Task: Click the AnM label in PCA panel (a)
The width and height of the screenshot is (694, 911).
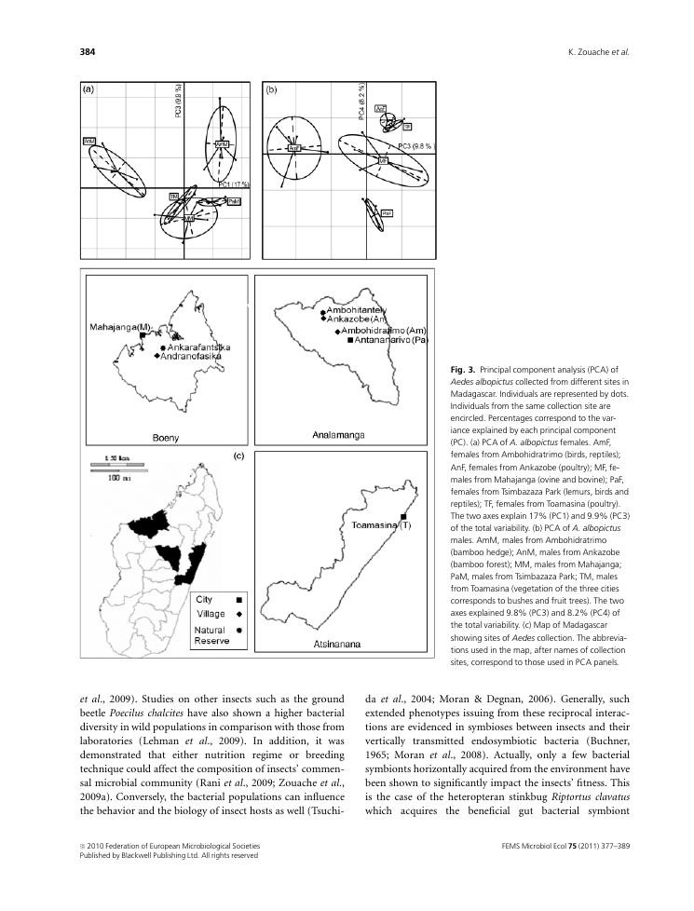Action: (222, 144)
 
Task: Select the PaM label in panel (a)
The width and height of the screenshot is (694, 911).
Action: (234, 201)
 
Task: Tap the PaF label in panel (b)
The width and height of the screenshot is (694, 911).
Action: (387, 213)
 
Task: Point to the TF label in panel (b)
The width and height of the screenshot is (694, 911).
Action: (407, 127)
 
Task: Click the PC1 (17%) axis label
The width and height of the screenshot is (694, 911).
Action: (235, 184)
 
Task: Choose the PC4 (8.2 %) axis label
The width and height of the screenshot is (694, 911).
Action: (362, 101)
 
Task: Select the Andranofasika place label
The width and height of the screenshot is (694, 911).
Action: (192, 356)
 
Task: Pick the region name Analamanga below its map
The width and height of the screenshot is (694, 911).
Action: (338, 435)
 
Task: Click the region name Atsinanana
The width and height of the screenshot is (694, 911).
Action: (332, 643)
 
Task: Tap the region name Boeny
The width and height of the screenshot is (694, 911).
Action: (166, 436)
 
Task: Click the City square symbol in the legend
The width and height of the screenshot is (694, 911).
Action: (239, 601)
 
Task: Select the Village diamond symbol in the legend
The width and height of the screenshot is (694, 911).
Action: (239, 615)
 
